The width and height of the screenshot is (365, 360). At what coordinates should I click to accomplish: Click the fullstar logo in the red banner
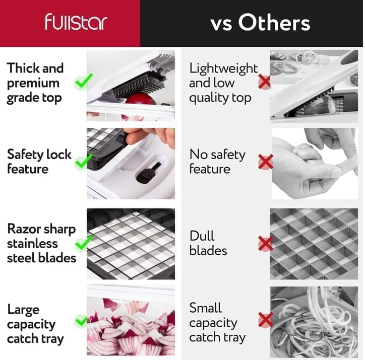coord(76,22)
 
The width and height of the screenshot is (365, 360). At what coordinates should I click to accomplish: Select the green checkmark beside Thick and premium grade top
coord(83,81)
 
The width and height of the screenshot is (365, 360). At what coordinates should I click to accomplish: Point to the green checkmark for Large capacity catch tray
coord(81,321)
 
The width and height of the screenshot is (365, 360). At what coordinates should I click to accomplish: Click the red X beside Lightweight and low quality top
coord(264,82)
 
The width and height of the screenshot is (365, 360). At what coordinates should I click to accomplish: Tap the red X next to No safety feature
coord(266,162)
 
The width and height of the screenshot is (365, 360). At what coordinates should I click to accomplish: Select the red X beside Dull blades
coord(266,244)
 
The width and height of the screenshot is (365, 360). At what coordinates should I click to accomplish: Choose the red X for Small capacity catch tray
coord(266,320)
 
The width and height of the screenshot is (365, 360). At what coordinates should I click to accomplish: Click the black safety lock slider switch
coord(149,173)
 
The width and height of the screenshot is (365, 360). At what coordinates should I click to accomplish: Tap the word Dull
coord(202,236)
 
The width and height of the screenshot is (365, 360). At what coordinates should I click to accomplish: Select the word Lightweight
coord(223,69)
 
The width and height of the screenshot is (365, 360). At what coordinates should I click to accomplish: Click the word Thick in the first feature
coord(21,68)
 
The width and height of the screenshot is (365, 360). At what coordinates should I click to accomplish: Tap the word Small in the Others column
coord(205,308)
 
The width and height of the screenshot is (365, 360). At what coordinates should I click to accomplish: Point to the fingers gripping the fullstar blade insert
coord(149,138)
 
